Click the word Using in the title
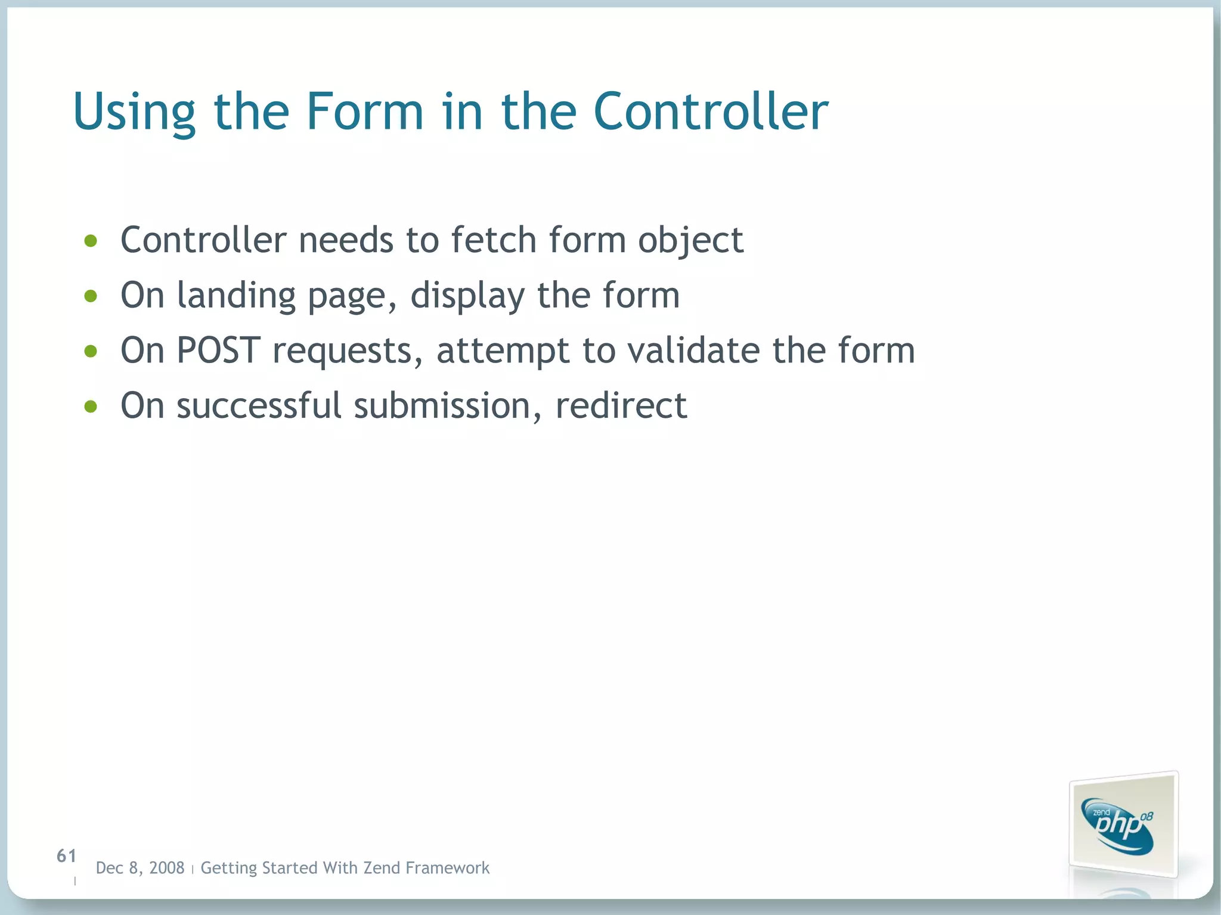pos(134,112)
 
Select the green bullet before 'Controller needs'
pos(91,241)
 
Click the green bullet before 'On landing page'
pos(91,296)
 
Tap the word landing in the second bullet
pos(235,296)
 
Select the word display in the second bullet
pos(467,296)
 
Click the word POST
pos(218,350)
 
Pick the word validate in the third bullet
pos(693,350)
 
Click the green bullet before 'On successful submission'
pos(91,407)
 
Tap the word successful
pos(259,405)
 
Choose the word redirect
pos(621,405)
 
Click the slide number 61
pos(66,856)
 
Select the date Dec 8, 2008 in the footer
pos(140,868)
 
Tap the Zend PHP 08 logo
pos(1121,826)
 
